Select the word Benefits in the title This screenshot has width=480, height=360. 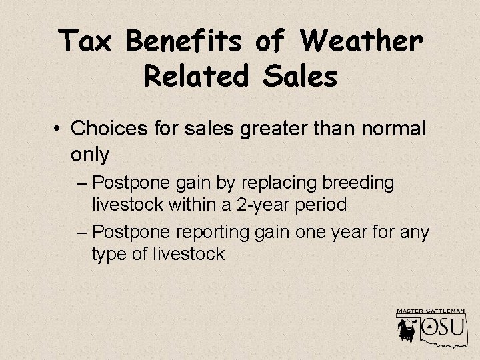[x=185, y=42]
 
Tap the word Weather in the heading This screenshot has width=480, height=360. [x=361, y=42]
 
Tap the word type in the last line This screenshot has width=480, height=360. [x=114, y=254]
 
